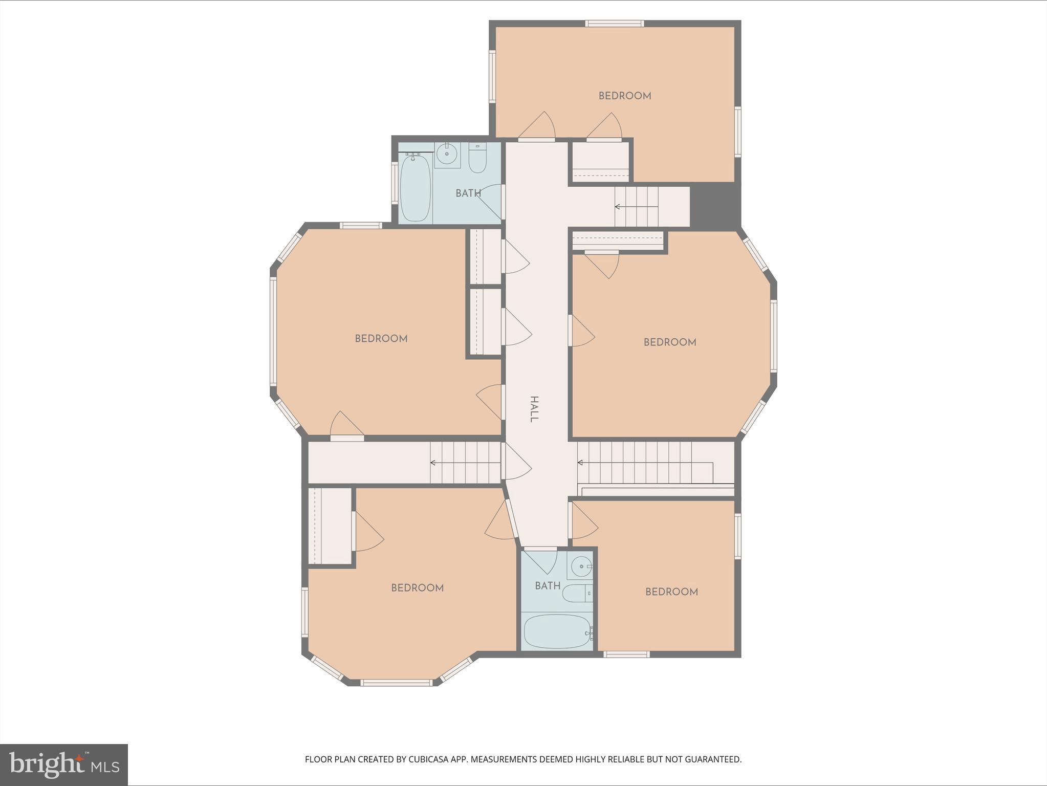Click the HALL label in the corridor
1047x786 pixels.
[534, 409]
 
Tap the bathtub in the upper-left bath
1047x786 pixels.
[415, 188]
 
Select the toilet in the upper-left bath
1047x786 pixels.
[477, 158]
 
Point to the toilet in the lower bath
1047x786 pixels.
[577, 594]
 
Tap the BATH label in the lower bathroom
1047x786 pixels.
[548, 586]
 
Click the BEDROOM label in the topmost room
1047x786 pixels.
[625, 96]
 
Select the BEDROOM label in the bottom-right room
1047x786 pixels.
[671, 592]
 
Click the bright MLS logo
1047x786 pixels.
[64, 765]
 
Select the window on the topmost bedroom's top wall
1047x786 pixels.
[614, 24]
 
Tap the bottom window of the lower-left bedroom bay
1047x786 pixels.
[397, 683]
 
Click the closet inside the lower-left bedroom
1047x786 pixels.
[330, 526]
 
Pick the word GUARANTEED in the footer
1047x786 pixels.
[713, 759]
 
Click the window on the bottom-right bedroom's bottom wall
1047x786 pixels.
[626, 654]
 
